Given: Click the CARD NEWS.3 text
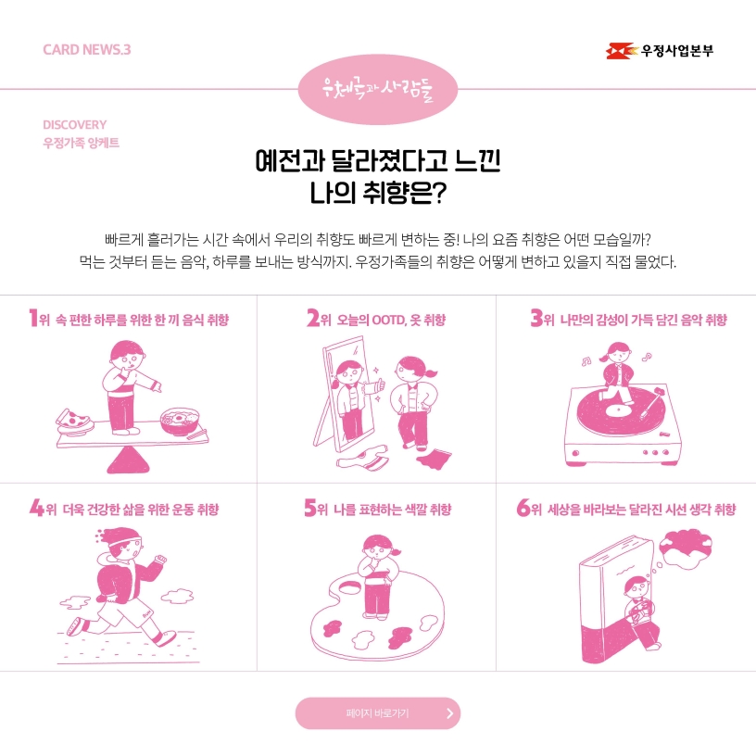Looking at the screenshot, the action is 87,50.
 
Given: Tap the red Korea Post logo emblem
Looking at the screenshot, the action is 621,51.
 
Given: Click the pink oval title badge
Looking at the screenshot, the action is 377,89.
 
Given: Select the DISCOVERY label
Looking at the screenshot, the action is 75,125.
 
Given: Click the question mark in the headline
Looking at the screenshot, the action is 439,193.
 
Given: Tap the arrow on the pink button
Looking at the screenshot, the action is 450,713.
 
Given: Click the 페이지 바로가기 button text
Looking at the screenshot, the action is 377,713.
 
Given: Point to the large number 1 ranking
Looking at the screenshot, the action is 33,318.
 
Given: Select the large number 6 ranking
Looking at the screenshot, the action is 523,507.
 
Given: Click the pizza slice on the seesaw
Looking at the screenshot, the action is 74,421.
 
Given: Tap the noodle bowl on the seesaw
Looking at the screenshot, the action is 180,421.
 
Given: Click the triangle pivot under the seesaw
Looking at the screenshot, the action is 128,460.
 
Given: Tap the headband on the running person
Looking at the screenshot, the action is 124,538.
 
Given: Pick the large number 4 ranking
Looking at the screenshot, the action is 37,507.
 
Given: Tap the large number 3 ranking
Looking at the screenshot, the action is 536,318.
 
